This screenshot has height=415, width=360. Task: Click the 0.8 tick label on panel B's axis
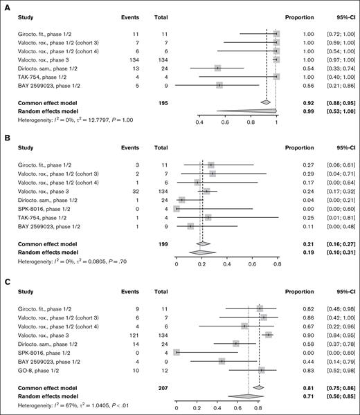click(x=277, y=264)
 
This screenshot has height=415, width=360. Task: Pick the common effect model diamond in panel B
click(x=202, y=243)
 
